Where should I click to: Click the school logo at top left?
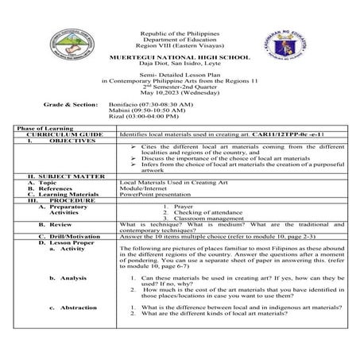click(x=71, y=47)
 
